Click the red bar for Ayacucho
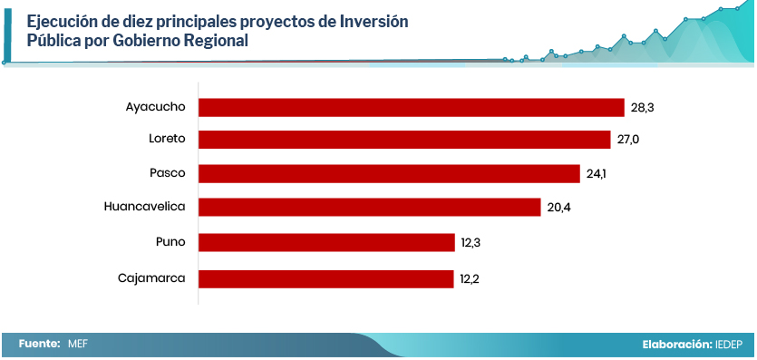point(412,108)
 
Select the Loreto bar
point(404,140)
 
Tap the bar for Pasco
point(389,174)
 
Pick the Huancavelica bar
point(369,207)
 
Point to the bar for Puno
point(326,242)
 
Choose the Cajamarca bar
point(325,279)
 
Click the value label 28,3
point(642,108)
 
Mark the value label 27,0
point(628,140)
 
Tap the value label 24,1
point(597,174)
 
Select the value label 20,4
point(559,208)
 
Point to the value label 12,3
point(471,243)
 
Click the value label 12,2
point(470,279)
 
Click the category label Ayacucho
point(155,107)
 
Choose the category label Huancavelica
point(145,207)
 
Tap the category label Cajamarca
point(151,278)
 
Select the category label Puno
point(171,242)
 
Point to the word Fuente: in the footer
point(40,344)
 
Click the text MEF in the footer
point(78,344)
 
